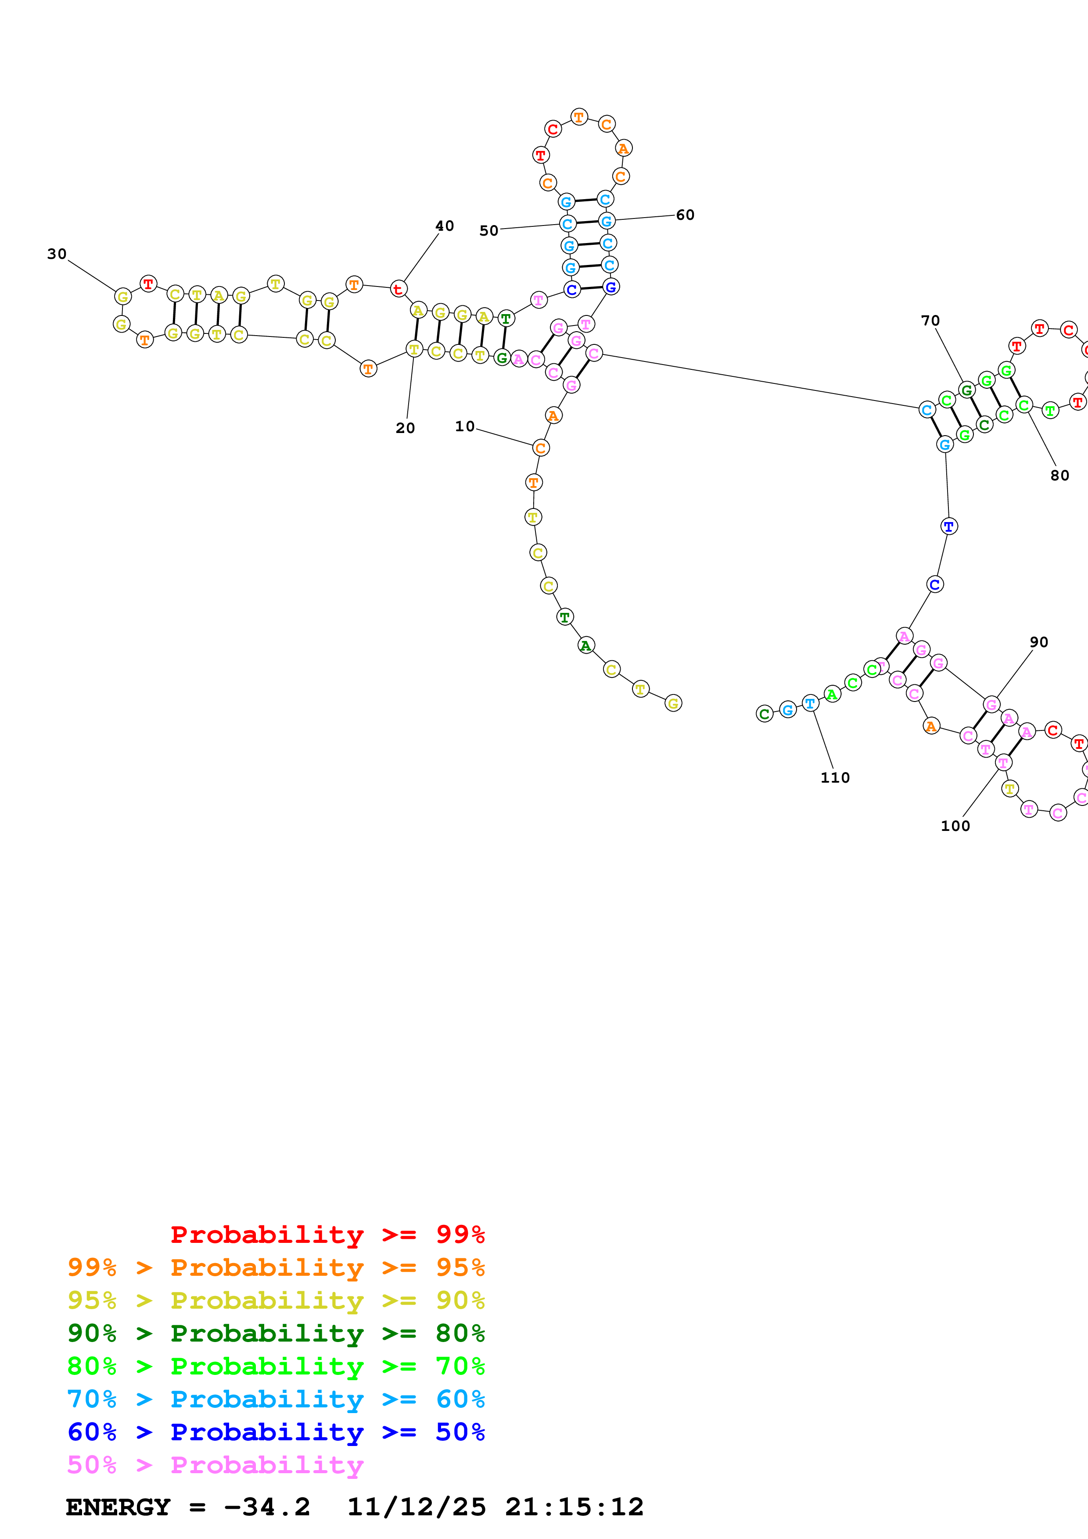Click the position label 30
(57, 254)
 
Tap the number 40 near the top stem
(445, 226)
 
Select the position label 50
(488, 231)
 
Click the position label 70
(930, 320)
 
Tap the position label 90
(1039, 642)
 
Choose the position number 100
(955, 826)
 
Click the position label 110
(835, 777)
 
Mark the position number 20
(405, 428)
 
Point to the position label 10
(465, 426)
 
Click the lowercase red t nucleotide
(398, 289)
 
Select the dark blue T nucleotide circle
(948, 526)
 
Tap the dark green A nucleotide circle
(586, 645)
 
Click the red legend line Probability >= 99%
(327, 1234)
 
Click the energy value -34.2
(267, 1507)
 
